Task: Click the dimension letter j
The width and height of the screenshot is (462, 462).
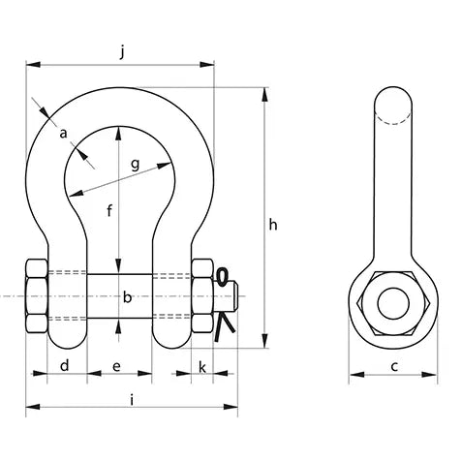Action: [x=122, y=52]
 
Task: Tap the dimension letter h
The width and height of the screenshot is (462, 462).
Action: [x=273, y=225]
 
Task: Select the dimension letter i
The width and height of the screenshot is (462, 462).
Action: [x=132, y=400]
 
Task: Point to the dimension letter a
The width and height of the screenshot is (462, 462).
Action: [x=64, y=133]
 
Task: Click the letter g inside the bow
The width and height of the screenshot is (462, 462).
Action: [x=136, y=165]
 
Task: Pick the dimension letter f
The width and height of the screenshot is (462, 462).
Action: [x=110, y=211]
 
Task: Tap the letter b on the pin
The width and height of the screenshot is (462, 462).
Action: [x=128, y=297]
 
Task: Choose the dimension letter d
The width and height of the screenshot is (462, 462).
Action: [x=65, y=366]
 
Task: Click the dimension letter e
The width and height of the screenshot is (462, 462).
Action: [x=116, y=366]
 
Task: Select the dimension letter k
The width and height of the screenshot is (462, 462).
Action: [x=202, y=367]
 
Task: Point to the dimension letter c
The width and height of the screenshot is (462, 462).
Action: [x=394, y=367]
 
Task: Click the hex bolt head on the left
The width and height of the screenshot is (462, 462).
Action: [x=37, y=296]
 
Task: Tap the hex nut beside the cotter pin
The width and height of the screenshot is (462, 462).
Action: [x=202, y=295]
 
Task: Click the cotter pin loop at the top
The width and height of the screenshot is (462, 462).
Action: [x=223, y=277]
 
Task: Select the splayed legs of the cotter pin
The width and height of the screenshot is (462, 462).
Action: [x=225, y=326]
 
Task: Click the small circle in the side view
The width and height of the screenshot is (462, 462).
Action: [x=393, y=303]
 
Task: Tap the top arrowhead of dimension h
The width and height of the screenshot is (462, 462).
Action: [x=264, y=95]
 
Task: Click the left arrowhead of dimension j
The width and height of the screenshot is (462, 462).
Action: [x=33, y=65]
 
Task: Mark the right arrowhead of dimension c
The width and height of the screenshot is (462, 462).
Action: [x=430, y=375]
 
